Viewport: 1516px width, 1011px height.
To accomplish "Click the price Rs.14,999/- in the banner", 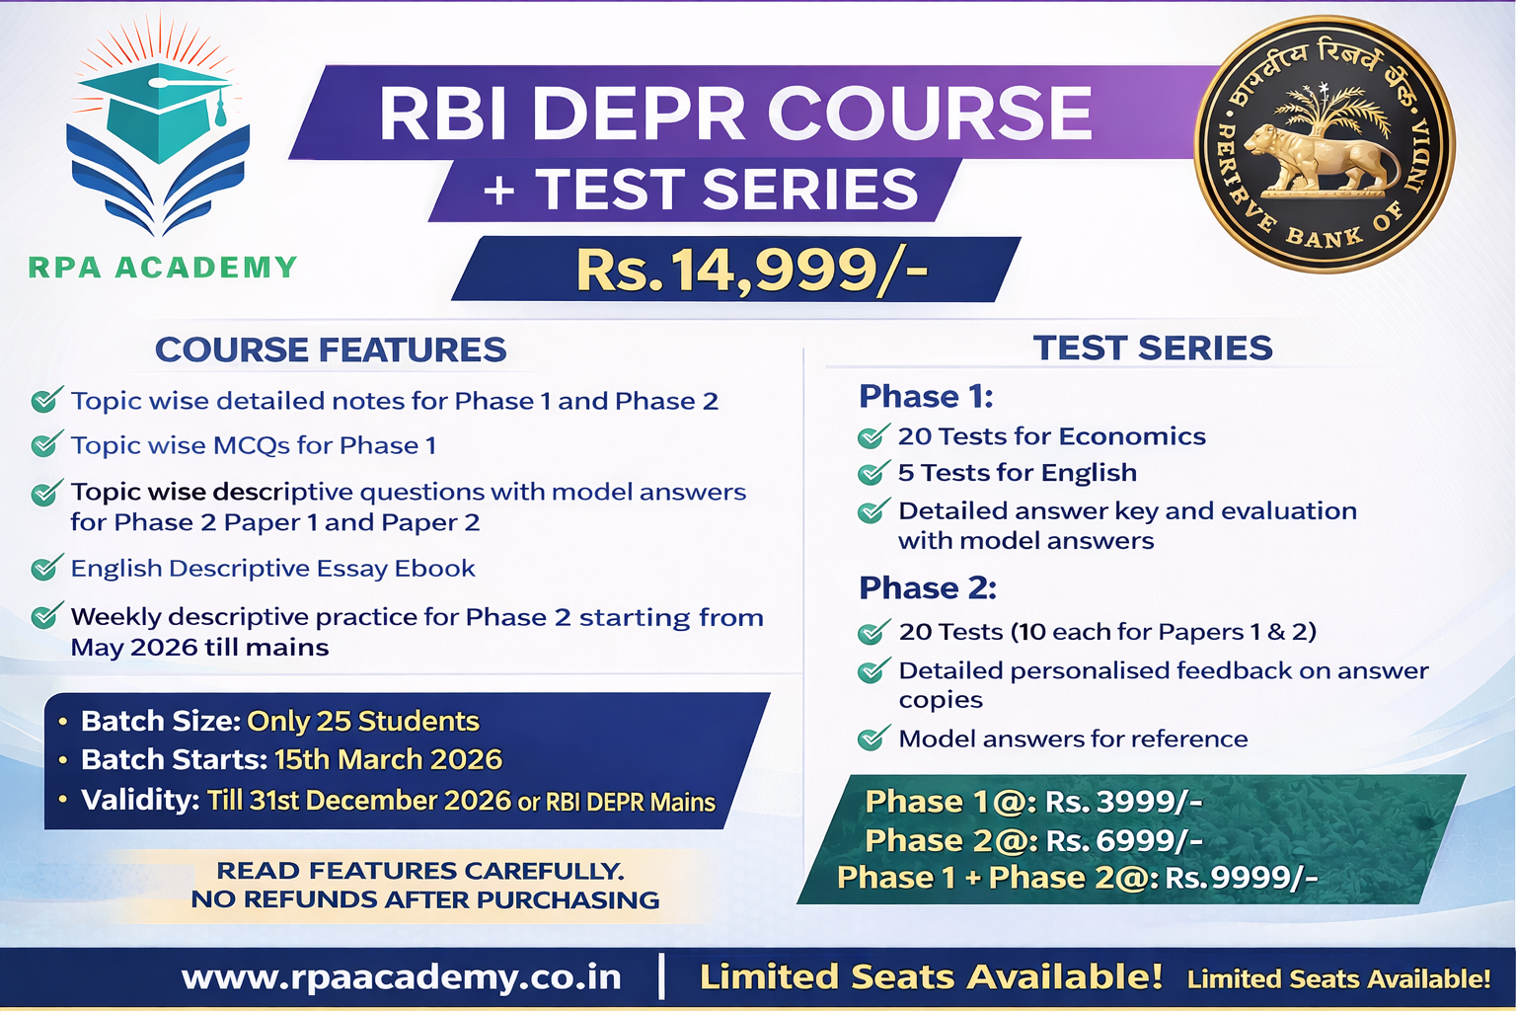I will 751,270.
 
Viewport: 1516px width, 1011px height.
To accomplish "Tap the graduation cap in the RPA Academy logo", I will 158,109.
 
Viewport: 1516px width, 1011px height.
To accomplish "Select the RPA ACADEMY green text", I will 163,268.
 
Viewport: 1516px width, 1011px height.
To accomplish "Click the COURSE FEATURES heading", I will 331,350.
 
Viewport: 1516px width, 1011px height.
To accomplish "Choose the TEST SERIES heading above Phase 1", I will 1152,348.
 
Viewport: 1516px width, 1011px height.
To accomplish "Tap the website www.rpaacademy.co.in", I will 401,976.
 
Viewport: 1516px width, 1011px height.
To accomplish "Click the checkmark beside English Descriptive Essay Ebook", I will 45,568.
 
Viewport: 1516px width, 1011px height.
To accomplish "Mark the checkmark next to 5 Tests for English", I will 872,473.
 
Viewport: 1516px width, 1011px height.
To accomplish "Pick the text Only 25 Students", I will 362,721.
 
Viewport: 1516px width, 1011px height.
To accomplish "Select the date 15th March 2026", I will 388,759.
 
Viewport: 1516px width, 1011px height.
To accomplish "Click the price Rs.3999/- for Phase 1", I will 1123,801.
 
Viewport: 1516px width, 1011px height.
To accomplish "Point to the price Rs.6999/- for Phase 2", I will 1123,840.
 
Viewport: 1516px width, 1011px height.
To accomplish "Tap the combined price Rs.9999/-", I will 1241,878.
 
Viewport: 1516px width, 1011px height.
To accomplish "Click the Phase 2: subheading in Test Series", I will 927,587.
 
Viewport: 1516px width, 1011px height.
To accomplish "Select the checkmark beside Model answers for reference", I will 872,739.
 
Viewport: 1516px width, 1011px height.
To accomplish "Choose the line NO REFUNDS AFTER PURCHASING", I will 424,899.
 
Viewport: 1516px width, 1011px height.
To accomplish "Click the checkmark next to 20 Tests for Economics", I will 872,436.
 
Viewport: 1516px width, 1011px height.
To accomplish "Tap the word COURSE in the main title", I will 930,113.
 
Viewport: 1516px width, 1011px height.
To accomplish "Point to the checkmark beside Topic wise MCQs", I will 45,445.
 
